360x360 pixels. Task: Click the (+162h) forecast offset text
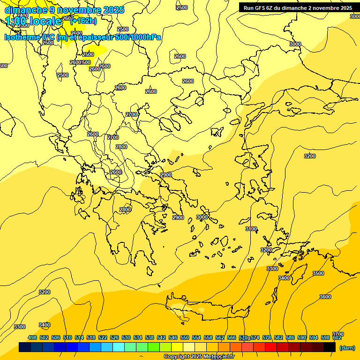pyautogui.click(x=83, y=21)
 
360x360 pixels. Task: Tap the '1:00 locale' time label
pyautogui.click(x=33, y=21)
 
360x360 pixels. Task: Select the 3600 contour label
pyautogui.click(x=325, y=297)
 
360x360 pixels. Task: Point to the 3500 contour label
pyautogui.click(x=318, y=273)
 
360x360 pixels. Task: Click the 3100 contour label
pyautogui.click(x=251, y=229)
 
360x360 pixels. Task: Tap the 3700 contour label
pyautogui.click(x=337, y=334)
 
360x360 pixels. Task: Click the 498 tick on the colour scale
pyautogui.click(x=32, y=337)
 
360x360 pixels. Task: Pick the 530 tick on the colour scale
pyautogui.click(x=126, y=337)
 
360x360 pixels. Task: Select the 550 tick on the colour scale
pyautogui.click(x=185, y=337)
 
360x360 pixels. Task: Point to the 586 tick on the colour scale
pyautogui.click(x=290, y=337)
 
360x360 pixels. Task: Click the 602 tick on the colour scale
pyautogui.click(x=337, y=337)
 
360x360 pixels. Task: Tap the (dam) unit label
pyautogui.click(x=347, y=347)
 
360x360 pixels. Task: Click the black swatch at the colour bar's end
pyautogui.click(x=330, y=347)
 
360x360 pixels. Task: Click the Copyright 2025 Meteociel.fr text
pyautogui.click(x=199, y=357)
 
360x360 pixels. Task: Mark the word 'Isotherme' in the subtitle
pyautogui.click(x=22, y=37)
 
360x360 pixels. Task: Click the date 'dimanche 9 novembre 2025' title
pyautogui.click(x=64, y=10)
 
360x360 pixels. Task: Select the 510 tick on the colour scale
pyautogui.click(x=67, y=337)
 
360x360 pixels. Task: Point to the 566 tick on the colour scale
pyautogui.click(x=232, y=337)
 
